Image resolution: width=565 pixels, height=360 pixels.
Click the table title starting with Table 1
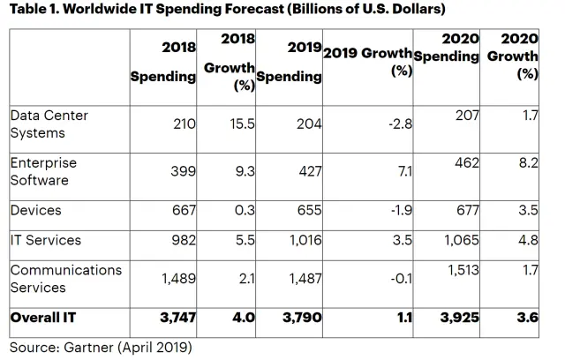tap(224, 11)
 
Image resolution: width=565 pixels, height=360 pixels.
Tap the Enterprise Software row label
tap(43, 171)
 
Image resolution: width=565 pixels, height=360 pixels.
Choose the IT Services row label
tap(45, 240)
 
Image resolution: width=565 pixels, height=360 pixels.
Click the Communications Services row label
tap(65, 279)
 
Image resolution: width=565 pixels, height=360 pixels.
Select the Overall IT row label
tap(43, 317)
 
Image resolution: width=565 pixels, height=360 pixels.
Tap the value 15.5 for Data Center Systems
tap(241, 124)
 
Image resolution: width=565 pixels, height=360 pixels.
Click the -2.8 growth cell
tap(399, 124)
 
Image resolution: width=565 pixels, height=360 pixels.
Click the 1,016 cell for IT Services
tap(302, 240)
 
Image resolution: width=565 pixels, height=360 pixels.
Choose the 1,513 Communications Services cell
tap(461, 270)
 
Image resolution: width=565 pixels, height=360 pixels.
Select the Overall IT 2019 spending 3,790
tap(300, 317)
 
